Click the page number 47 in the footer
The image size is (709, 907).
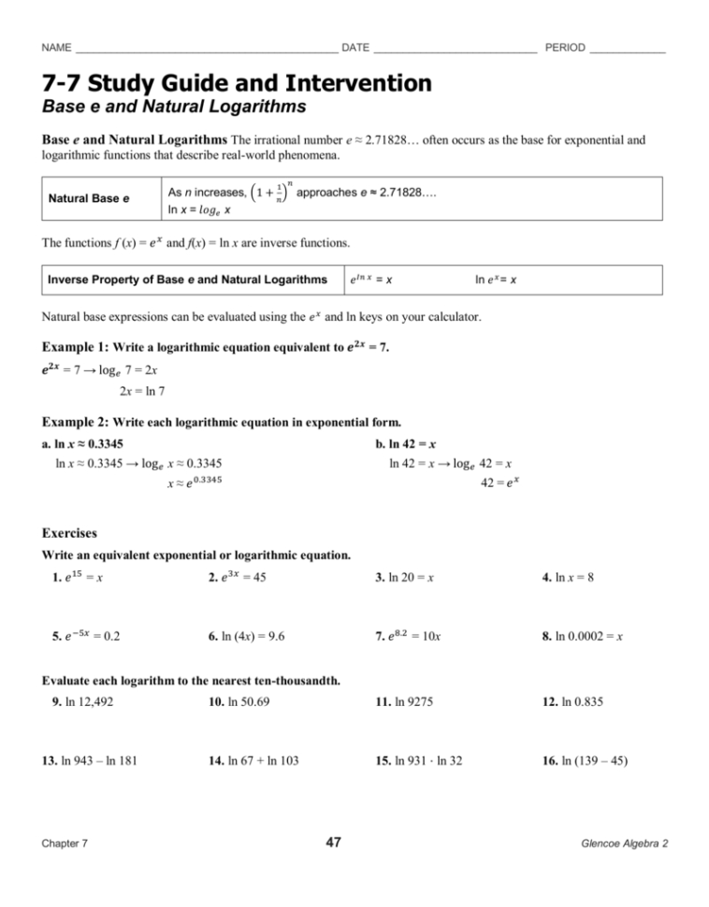tap(333, 842)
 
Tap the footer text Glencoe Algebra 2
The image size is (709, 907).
tap(620, 843)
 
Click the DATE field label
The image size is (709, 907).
tap(355, 47)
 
